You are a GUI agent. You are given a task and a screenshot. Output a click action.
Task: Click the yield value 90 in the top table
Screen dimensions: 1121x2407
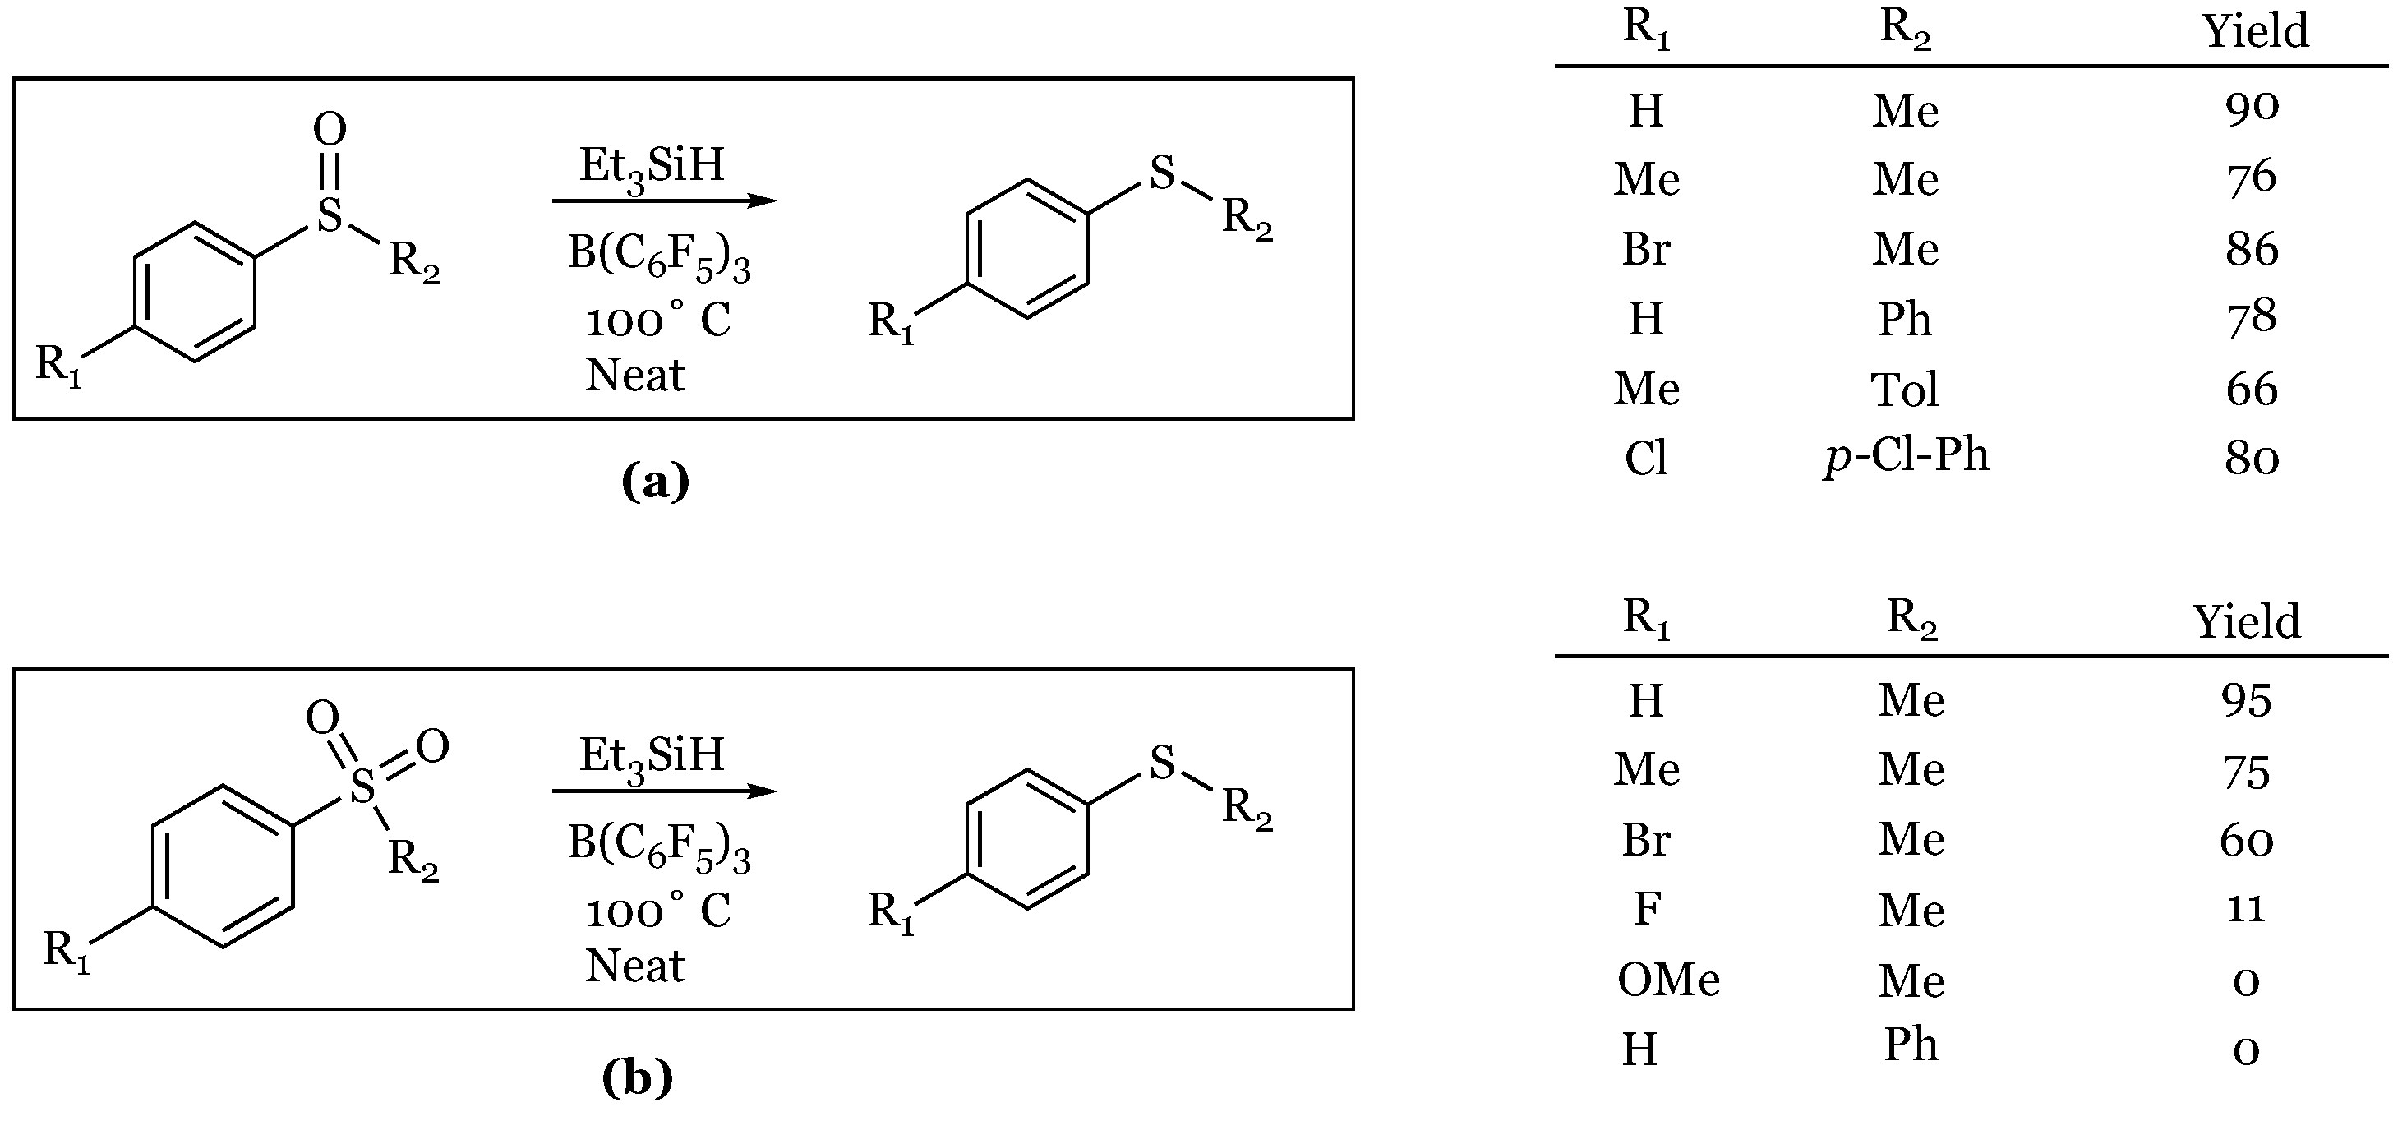click(2252, 108)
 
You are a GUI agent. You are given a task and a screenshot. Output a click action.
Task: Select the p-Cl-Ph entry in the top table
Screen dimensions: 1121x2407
click(1907, 457)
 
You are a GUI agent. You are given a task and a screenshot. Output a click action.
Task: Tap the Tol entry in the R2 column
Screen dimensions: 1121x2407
click(1904, 389)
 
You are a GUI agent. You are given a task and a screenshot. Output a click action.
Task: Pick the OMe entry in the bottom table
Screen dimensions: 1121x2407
click(1668, 980)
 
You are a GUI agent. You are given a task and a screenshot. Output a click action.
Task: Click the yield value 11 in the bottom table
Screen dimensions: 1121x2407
click(2245, 908)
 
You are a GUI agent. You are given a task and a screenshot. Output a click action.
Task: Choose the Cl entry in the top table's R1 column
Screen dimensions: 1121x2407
click(1645, 458)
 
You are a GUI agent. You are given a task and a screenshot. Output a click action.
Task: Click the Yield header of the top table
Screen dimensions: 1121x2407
click(2256, 32)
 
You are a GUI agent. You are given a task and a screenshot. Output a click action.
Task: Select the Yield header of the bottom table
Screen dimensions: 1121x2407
click(2246, 622)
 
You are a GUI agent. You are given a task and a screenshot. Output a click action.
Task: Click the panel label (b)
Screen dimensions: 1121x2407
click(637, 1078)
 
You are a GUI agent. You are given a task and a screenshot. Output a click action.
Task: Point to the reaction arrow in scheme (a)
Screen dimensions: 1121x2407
click(663, 200)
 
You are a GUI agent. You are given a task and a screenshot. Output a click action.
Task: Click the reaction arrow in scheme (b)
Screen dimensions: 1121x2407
click(663, 791)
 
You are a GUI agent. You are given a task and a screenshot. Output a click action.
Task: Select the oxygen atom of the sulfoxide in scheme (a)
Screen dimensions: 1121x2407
click(330, 129)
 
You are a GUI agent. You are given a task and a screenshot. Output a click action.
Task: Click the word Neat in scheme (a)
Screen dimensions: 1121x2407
click(634, 376)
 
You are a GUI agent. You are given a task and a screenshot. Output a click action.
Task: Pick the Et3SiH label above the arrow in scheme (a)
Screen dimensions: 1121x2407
click(652, 166)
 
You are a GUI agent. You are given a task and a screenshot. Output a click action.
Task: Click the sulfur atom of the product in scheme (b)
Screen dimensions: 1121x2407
click(1161, 763)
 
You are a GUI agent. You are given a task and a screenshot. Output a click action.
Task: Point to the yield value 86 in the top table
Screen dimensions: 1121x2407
click(2252, 249)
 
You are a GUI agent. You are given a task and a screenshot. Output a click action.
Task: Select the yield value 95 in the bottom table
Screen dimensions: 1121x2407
click(2246, 699)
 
